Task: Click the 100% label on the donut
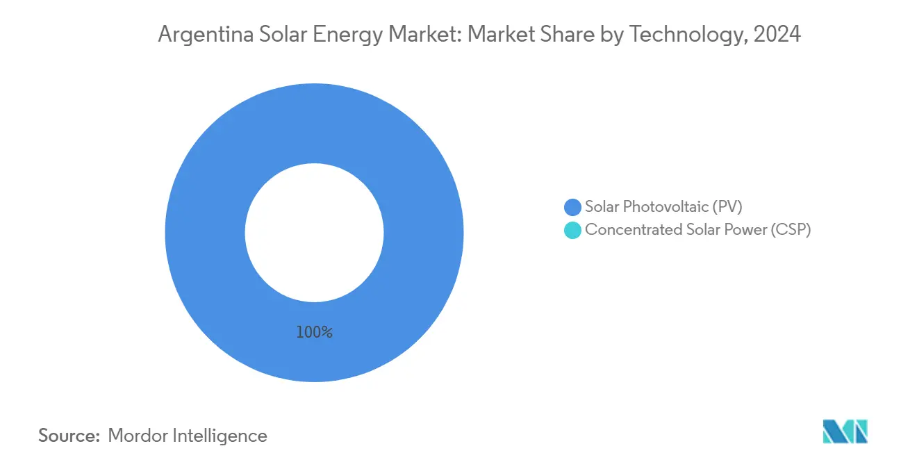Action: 314,333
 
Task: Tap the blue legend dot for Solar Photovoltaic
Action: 572,207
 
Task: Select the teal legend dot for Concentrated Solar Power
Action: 572,231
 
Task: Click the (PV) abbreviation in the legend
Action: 729,206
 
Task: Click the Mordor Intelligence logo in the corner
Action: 844,431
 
